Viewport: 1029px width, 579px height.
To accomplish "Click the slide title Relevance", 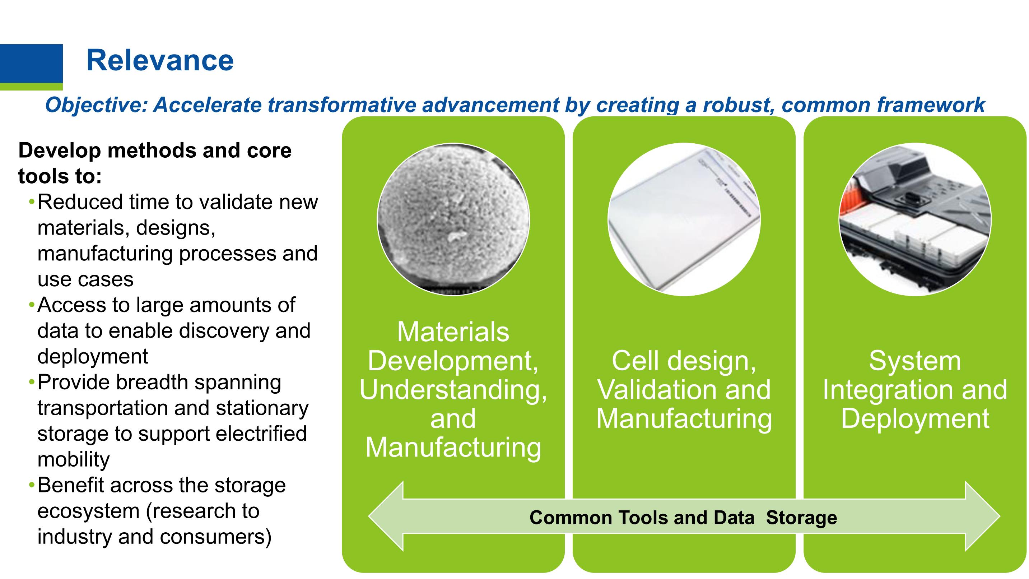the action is pos(160,60).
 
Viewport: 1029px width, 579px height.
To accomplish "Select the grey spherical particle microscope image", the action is pos(453,219).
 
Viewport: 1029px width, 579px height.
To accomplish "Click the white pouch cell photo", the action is pos(684,219).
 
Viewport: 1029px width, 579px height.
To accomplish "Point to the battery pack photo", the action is pos(915,219).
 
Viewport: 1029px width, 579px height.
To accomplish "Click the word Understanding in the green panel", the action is pos(453,390).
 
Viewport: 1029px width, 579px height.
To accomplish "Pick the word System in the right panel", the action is pos(915,361).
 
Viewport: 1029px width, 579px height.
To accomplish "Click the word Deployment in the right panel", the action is pos(915,419).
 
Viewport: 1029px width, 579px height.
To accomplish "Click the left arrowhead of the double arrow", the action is pos(386,516).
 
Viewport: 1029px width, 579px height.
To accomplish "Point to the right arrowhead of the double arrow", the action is pos(983,516).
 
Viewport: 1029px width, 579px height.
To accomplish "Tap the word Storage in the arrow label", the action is pos(801,518).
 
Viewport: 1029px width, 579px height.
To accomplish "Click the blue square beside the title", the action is pos(31,64).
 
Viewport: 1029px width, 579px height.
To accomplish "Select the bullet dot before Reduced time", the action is pos(32,203).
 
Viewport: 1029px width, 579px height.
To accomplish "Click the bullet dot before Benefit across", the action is pos(32,486).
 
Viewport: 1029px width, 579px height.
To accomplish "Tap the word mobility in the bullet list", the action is pos(74,459).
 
